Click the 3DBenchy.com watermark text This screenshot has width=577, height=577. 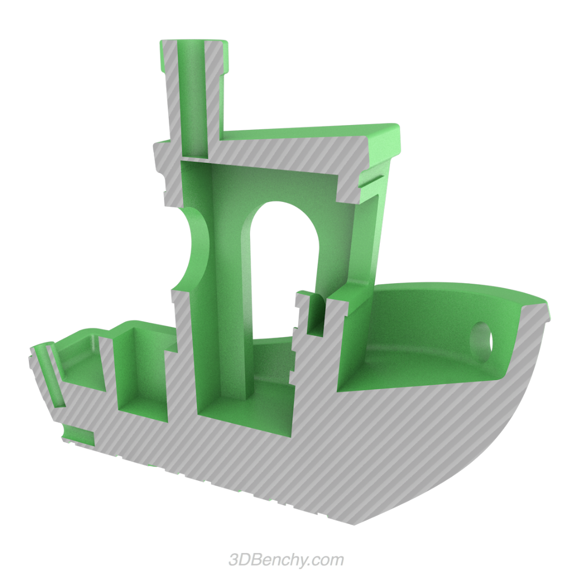pos(286,560)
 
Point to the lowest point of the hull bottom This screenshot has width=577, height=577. pos(353,523)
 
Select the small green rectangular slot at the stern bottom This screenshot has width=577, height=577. pos(79,435)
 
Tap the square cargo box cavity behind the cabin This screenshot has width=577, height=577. pos(140,374)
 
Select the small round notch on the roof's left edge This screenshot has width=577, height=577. pos(160,176)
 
